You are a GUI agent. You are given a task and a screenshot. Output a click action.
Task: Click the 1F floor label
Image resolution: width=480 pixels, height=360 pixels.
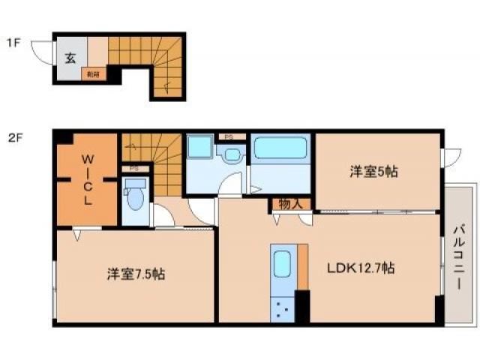13,43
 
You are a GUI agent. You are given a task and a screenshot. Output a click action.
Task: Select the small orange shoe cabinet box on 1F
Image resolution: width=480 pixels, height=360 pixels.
93,73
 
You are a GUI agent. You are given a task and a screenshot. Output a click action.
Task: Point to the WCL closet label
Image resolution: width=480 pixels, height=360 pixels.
87,179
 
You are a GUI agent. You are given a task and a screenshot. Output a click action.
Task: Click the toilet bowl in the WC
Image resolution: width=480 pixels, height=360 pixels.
136,199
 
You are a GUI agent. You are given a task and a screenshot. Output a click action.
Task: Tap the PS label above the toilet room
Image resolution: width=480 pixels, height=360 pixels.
134,168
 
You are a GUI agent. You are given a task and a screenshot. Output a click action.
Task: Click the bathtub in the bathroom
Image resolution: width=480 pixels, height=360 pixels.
280,148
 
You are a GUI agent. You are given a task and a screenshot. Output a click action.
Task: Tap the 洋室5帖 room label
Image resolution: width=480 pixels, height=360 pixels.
373,172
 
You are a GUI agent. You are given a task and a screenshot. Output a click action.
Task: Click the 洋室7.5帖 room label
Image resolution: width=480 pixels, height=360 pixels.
135,274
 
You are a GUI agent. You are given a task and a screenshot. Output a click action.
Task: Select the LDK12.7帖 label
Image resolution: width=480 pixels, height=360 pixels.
360,268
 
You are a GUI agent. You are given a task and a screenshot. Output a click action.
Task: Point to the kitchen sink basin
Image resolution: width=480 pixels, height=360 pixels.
283,264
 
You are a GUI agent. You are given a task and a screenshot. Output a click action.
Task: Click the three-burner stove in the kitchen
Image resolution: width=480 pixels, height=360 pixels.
283,307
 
